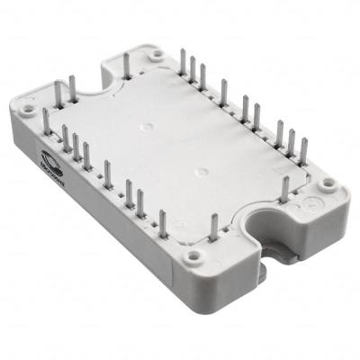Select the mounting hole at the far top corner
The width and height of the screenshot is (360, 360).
pyautogui.click(x=157, y=55)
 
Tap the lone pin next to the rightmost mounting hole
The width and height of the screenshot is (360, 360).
pyautogui.click(x=285, y=189)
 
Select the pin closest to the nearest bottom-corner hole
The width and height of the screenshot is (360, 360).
pyautogui.click(x=214, y=227)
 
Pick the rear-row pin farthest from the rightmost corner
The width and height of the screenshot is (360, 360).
pyautogui.click(x=183, y=62)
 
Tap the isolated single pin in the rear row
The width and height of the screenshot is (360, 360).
pyautogui.click(x=223, y=93)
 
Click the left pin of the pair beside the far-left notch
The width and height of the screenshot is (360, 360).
pyautogui.click(x=58, y=92)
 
